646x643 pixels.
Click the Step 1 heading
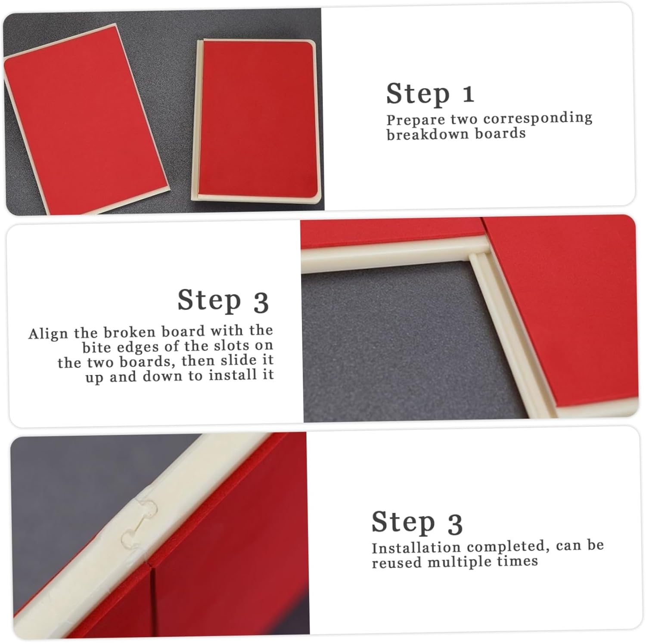[x=430, y=94]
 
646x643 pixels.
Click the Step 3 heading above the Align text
[x=223, y=300]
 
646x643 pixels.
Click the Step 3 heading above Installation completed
[x=417, y=522]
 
